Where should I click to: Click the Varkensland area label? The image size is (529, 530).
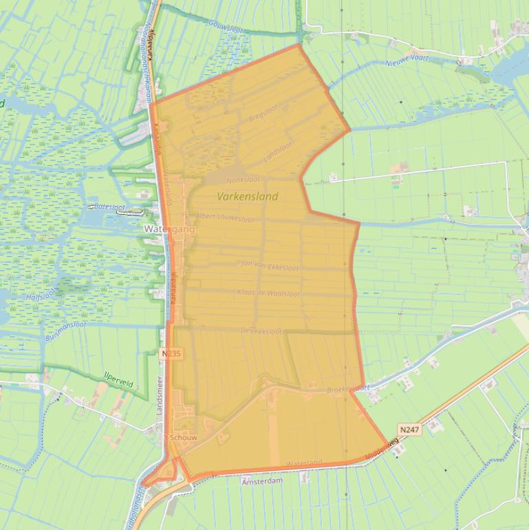point(248,196)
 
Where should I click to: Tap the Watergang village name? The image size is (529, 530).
point(169,229)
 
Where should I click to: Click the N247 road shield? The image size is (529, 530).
point(409,430)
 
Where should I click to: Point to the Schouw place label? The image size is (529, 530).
point(184,437)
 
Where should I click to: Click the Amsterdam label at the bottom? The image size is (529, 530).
point(261,481)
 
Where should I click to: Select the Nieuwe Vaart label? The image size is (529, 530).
point(409,59)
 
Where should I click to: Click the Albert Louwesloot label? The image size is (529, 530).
point(225,218)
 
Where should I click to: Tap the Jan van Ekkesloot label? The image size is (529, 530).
point(270,265)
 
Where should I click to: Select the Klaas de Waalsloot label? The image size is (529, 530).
point(268,293)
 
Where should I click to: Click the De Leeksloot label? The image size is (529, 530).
point(261,331)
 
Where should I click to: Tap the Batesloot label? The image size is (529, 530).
point(109,206)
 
